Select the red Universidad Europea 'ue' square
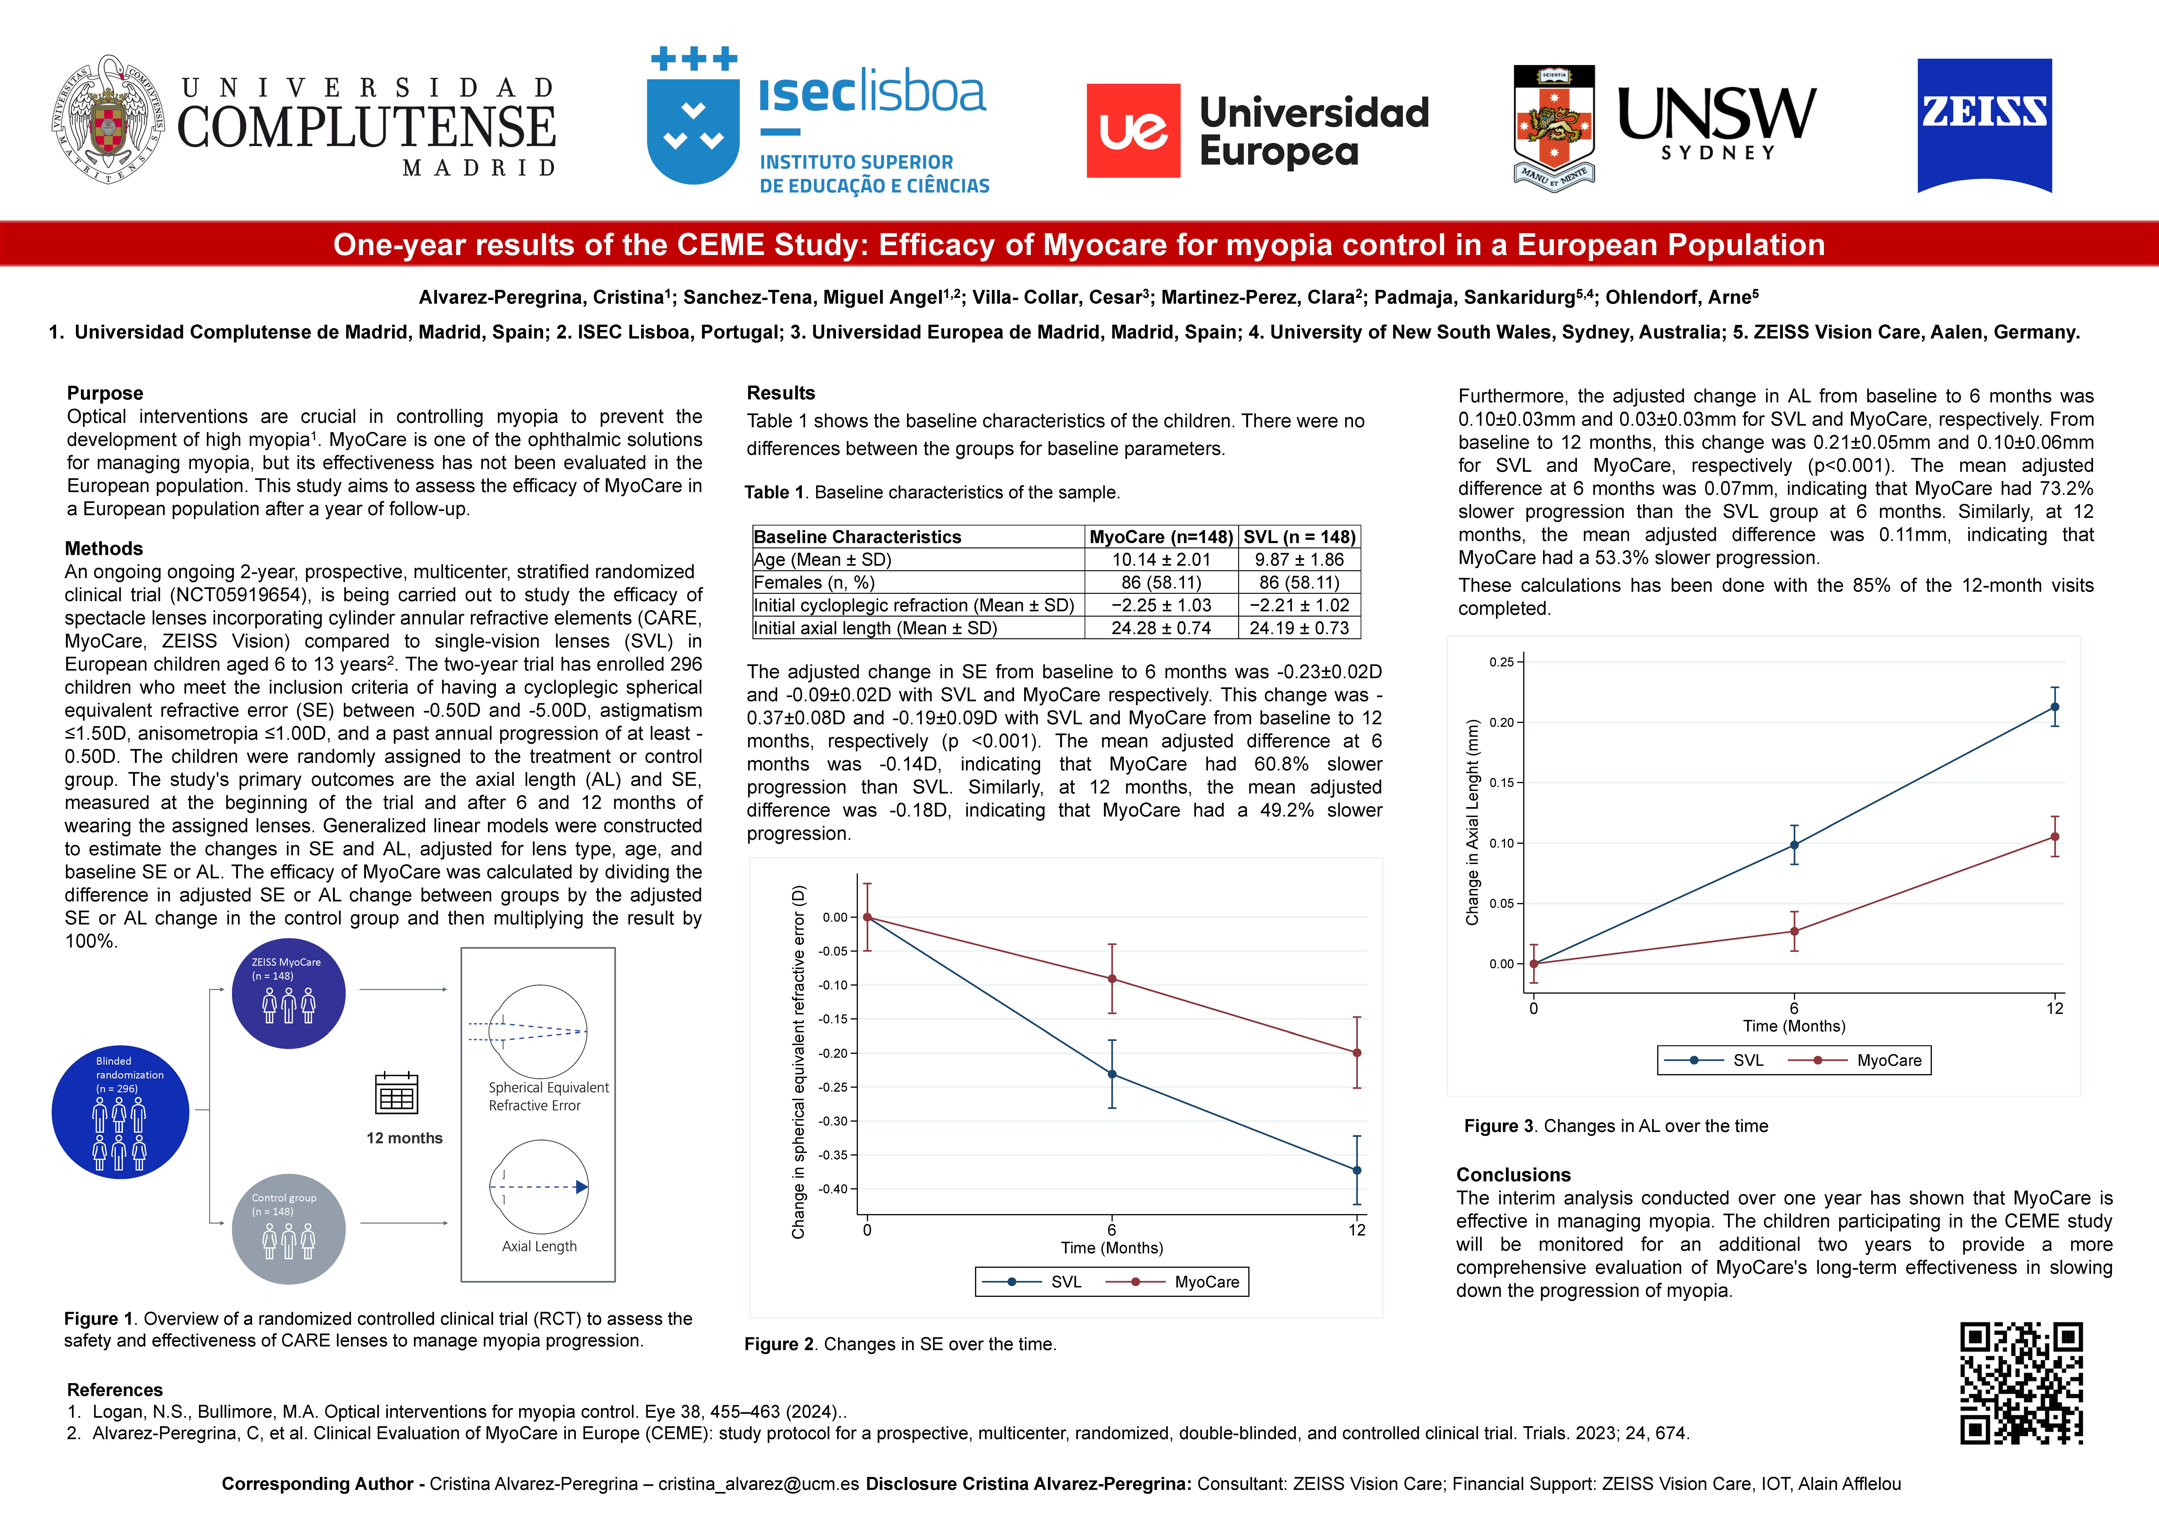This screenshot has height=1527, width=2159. (x=1133, y=131)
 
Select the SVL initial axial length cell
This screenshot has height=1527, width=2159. (x=1299, y=628)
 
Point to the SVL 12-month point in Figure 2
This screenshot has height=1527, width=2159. (x=1356, y=1170)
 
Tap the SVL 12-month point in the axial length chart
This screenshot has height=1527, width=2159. (x=2055, y=707)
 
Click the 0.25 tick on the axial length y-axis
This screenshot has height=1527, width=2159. (x=1502, y=662)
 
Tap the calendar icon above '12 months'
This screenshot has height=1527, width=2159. (x=396, y=1093)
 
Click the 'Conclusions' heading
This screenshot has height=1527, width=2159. (x=1513, y=1174)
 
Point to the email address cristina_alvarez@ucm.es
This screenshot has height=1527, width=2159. (x=758, y=1484)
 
